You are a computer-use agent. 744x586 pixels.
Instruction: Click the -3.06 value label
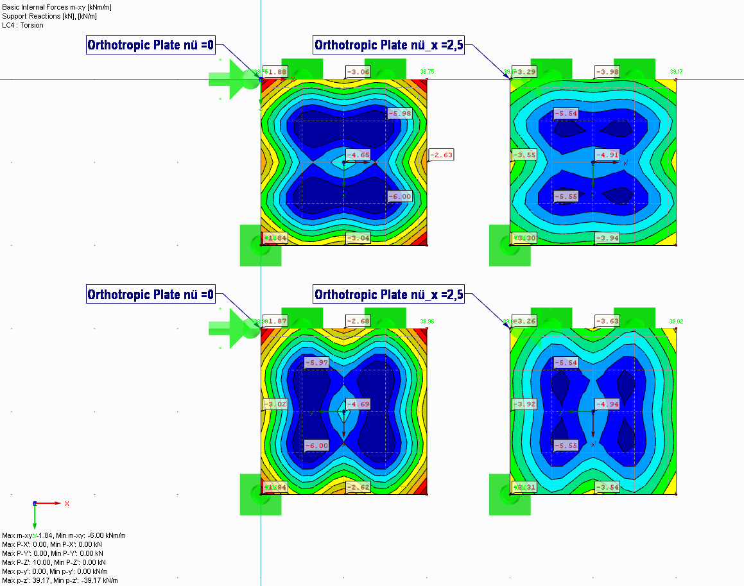[x=358, y=72]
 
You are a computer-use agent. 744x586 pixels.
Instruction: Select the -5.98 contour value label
[x=399, y=114]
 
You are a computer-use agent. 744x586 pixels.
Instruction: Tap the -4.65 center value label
[x=358, y=155]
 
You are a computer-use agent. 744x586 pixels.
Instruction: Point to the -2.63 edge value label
[x=441, y=155]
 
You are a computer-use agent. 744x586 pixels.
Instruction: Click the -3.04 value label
[x=358, y=238]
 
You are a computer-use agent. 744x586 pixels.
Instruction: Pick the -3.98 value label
[x=607, y=72]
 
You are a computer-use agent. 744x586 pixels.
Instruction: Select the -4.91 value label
[x=607, y=155]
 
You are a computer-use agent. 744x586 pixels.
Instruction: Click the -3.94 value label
[x=607, y=238]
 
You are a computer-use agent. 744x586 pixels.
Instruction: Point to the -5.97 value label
[x=316, y=363]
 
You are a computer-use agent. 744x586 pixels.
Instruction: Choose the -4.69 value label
[x=358, y=404]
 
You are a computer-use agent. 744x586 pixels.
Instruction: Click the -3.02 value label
[x=275, y=404]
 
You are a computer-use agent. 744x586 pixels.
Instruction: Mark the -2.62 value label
[x=358, y=487]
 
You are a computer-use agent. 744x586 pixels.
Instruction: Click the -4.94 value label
[x=607, y=404]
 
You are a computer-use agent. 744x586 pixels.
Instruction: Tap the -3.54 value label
[x=607, y=487]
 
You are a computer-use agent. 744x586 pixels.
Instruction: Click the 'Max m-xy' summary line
[x=64, y=535]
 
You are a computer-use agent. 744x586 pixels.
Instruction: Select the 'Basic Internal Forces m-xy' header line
[x=49, y=7]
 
